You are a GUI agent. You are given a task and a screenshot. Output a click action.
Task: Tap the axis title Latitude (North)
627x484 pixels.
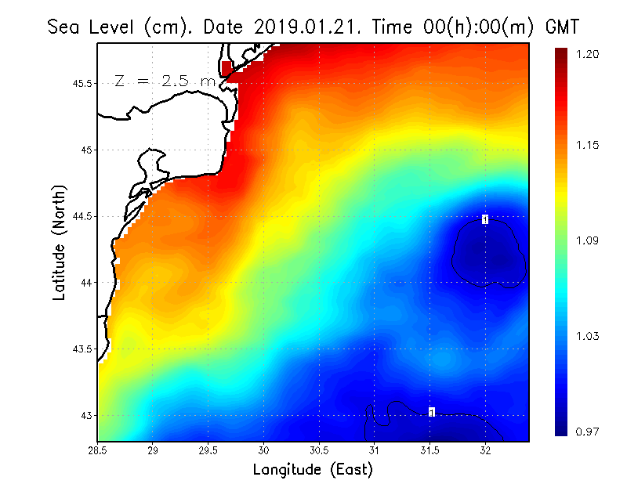pos(59,243)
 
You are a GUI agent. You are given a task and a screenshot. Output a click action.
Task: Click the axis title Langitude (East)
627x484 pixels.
pos(313,470)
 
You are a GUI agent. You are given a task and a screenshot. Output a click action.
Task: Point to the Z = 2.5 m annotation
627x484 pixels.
pos(165,81)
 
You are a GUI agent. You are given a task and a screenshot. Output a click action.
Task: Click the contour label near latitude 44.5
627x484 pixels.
pos(485,219)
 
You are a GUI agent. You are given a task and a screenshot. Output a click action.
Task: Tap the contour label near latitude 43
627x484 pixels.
pos(432,412)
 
